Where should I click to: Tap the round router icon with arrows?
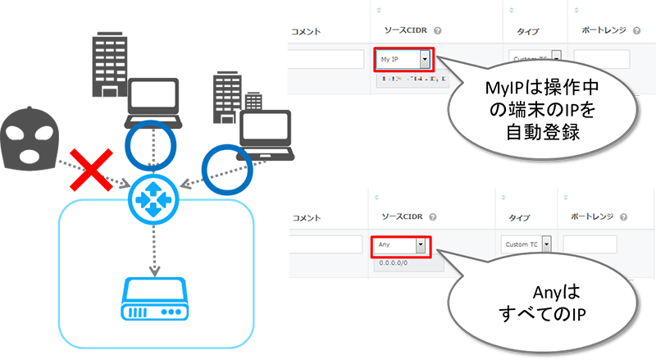[152, 196]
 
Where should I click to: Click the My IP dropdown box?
[403, 60]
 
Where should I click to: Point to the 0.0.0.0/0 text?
[389, 263]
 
